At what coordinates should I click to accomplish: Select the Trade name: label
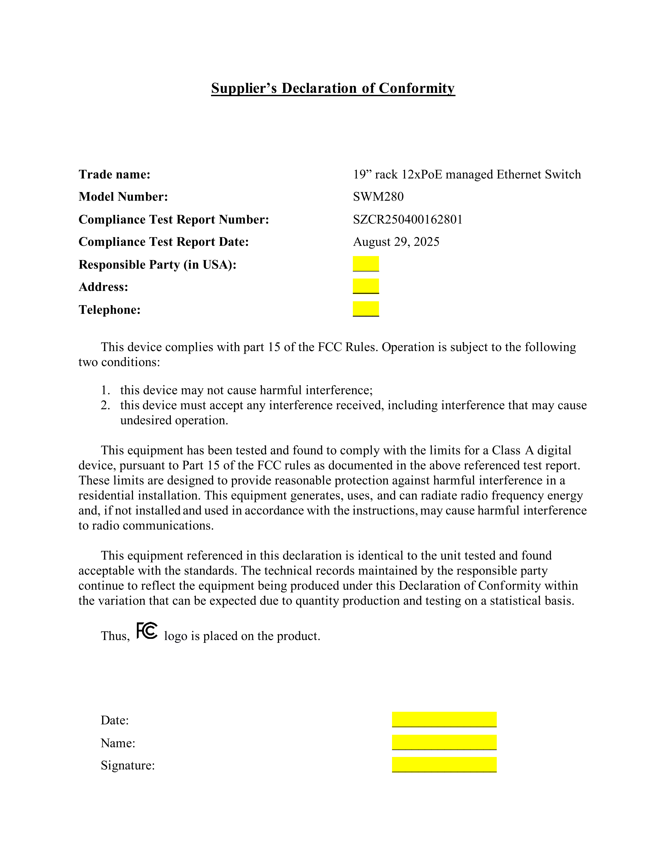(x=114, y=175)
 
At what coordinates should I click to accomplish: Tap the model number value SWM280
(x=378, y=196)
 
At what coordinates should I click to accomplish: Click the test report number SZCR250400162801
(x=408, y=219)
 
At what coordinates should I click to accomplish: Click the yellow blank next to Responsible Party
(x=366, y=264)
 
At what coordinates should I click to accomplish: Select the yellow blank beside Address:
(x=366, y=286)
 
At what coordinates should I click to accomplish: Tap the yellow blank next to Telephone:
(x=366, y=309)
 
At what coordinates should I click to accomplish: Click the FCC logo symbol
(x=147, y=631)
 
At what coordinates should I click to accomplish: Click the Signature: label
(x=127, y=766)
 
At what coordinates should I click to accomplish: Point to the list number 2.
(x=105, y=405)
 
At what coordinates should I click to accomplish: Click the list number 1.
(x=105, y=390)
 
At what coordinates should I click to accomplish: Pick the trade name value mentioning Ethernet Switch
(x=467, y=175)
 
